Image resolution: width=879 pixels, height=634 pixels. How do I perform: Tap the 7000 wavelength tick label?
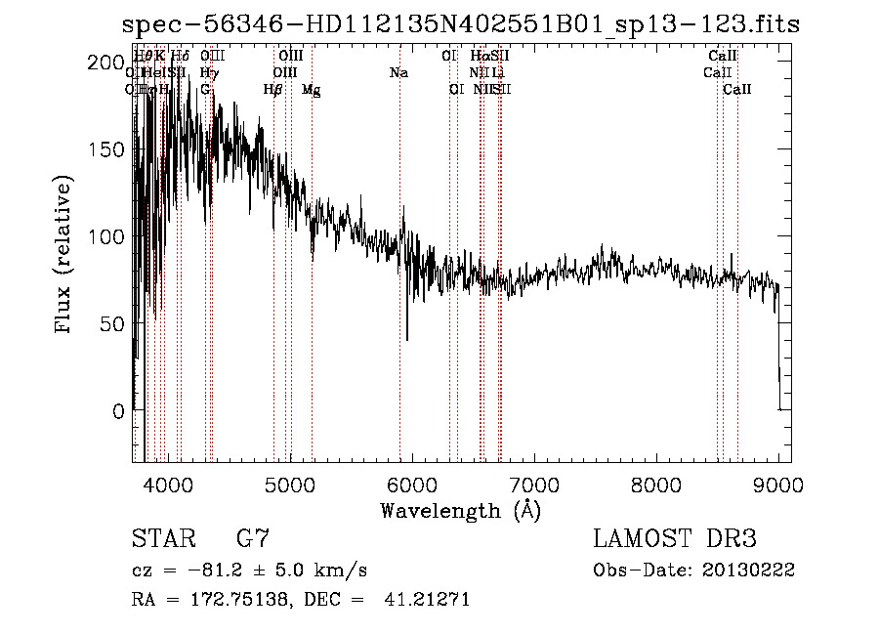(534, 484)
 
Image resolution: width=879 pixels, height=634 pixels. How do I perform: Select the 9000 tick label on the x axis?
(778, 484)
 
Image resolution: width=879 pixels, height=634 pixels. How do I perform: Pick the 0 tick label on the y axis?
(118, 411)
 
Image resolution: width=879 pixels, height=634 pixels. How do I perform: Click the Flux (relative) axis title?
(65, 256)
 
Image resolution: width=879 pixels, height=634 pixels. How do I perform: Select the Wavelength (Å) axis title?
(460, 510)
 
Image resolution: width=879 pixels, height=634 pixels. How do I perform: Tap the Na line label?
(398, 72)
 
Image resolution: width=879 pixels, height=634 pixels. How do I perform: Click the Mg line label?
(311, 90)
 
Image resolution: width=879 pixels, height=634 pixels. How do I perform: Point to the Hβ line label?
(273, 89)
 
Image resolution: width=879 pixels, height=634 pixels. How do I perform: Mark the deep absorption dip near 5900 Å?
(407, 338)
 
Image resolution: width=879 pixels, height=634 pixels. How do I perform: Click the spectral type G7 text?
(253, 539)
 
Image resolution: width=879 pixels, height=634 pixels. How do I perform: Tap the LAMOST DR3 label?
(675, 539)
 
